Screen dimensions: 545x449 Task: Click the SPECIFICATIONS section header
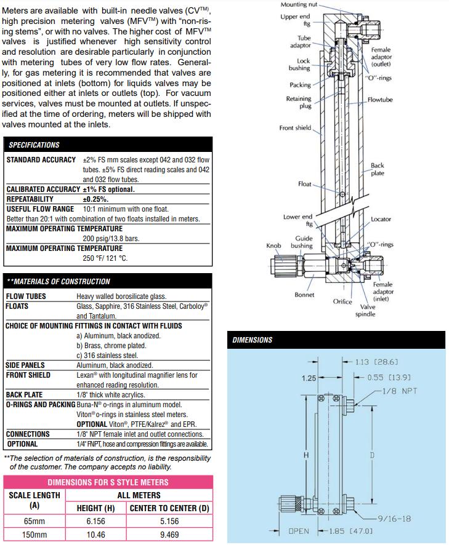(34, 145)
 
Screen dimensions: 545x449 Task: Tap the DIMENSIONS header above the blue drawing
(252, 340)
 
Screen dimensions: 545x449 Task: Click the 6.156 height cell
(97, 521)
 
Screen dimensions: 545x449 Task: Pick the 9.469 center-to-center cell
(169, 535)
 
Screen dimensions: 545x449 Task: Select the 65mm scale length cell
(34, 521)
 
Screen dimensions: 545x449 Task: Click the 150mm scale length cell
(34, 535)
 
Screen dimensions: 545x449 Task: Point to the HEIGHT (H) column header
(97, 508)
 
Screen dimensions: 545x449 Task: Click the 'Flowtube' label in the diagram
(380, 100)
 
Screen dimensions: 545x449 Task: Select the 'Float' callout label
(305, 184)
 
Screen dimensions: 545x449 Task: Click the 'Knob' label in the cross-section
(273, 245)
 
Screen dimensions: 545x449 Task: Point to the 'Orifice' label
(342, 301)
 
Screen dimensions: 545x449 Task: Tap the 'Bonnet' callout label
(304, 295)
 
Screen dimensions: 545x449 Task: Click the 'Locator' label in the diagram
(381, 219)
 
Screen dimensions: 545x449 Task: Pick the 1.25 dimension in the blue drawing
(309, 378)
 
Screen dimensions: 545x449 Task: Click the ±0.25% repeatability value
(95, 199)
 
